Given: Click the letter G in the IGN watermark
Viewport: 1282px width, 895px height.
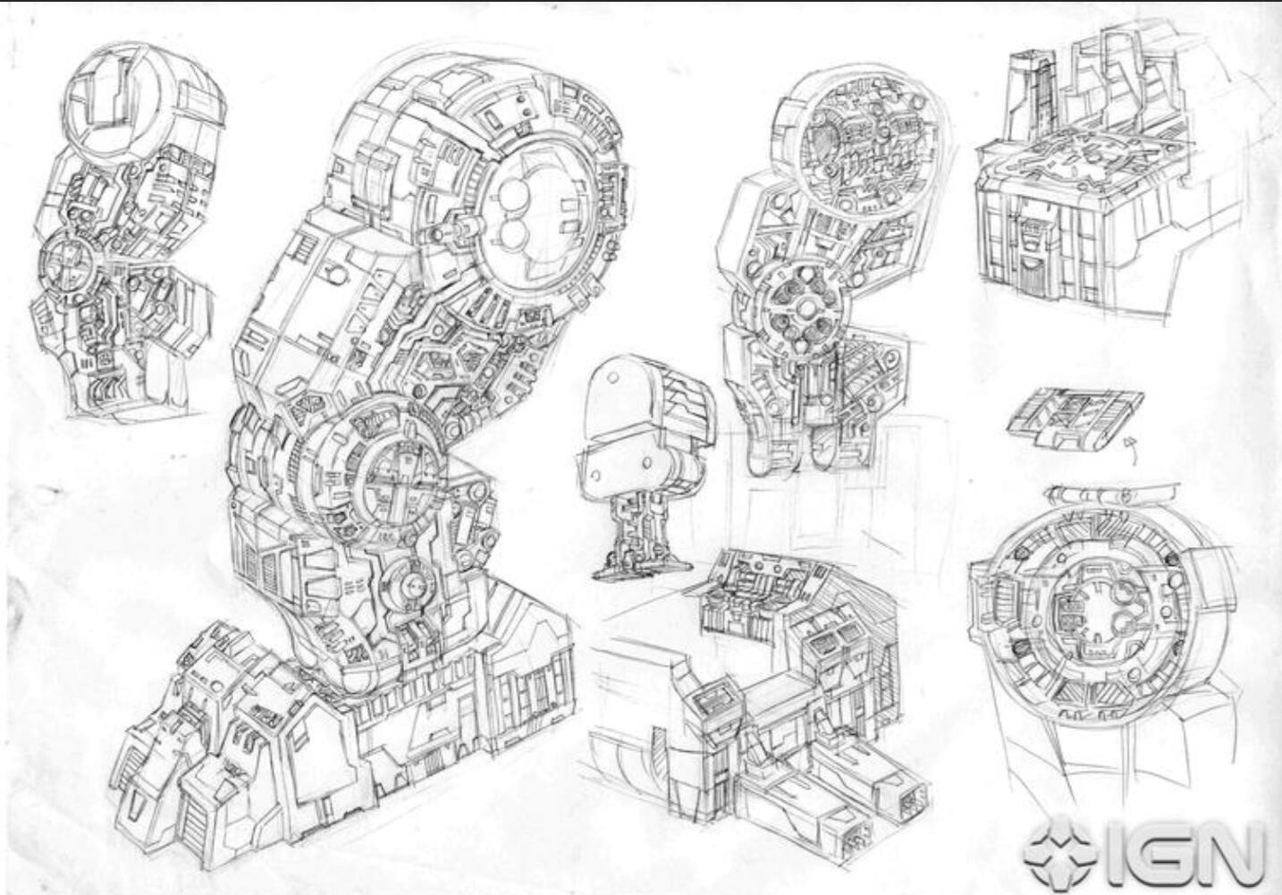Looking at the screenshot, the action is click(1153, 855).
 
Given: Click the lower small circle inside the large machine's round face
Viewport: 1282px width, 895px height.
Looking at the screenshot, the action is click(515, 235).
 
